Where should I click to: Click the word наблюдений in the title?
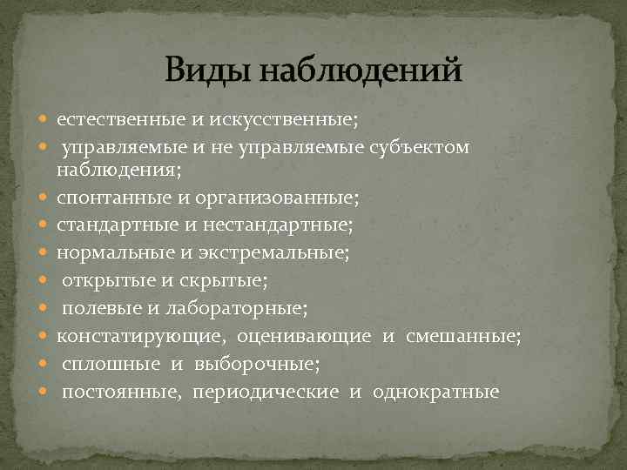(x=357, y=69)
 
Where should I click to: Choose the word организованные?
(x=278, y=198)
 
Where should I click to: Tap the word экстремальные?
(x=284, y=252)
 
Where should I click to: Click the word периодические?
(x=266, y=392)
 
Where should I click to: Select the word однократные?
(x=436, y=392)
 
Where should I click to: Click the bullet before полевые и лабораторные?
(x=44, y=307)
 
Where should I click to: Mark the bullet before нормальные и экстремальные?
(x=44, y=253)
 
